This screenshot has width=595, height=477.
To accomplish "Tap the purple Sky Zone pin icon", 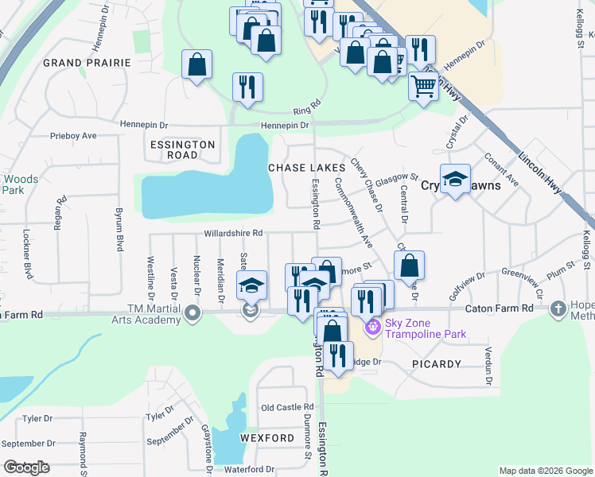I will (371, 326).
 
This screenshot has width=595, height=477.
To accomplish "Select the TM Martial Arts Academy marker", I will (192, 314).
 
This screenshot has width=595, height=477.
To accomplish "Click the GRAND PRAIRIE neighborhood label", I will (86, 62).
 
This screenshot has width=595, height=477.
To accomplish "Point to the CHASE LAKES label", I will (306, 168).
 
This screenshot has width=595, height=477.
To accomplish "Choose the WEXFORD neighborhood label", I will (267, 438).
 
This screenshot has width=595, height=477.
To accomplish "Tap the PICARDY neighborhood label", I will (437, 363).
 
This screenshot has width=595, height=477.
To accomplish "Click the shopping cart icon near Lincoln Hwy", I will (424, 84).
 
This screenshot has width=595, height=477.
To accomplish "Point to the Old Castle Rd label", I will (287, 407).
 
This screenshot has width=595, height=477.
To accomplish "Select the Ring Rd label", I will (306, 104).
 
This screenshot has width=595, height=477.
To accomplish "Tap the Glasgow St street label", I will (396, 178).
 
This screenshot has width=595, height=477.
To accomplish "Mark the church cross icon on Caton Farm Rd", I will (558, 308).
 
